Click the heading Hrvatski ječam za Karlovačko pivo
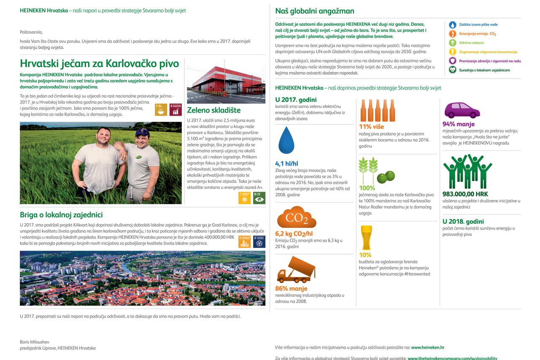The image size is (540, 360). tap(99, 64)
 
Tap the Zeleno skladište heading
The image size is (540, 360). tap(213, 110)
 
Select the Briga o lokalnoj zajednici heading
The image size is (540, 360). tap(61, 215)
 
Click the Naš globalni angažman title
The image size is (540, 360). tap(314, 11)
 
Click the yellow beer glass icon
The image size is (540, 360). tap(366, 238)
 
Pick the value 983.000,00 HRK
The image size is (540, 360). tap(464, 194)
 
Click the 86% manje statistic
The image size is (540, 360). tap(291, 289)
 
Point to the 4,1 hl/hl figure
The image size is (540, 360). tap(286, 163)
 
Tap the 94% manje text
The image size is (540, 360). tap(458, 124)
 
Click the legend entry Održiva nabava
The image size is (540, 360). tap(471, 43)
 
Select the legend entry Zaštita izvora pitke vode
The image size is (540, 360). tap(478, 24)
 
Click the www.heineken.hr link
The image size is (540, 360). tap(428, 347)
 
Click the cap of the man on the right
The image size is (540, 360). tap(142, 133)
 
